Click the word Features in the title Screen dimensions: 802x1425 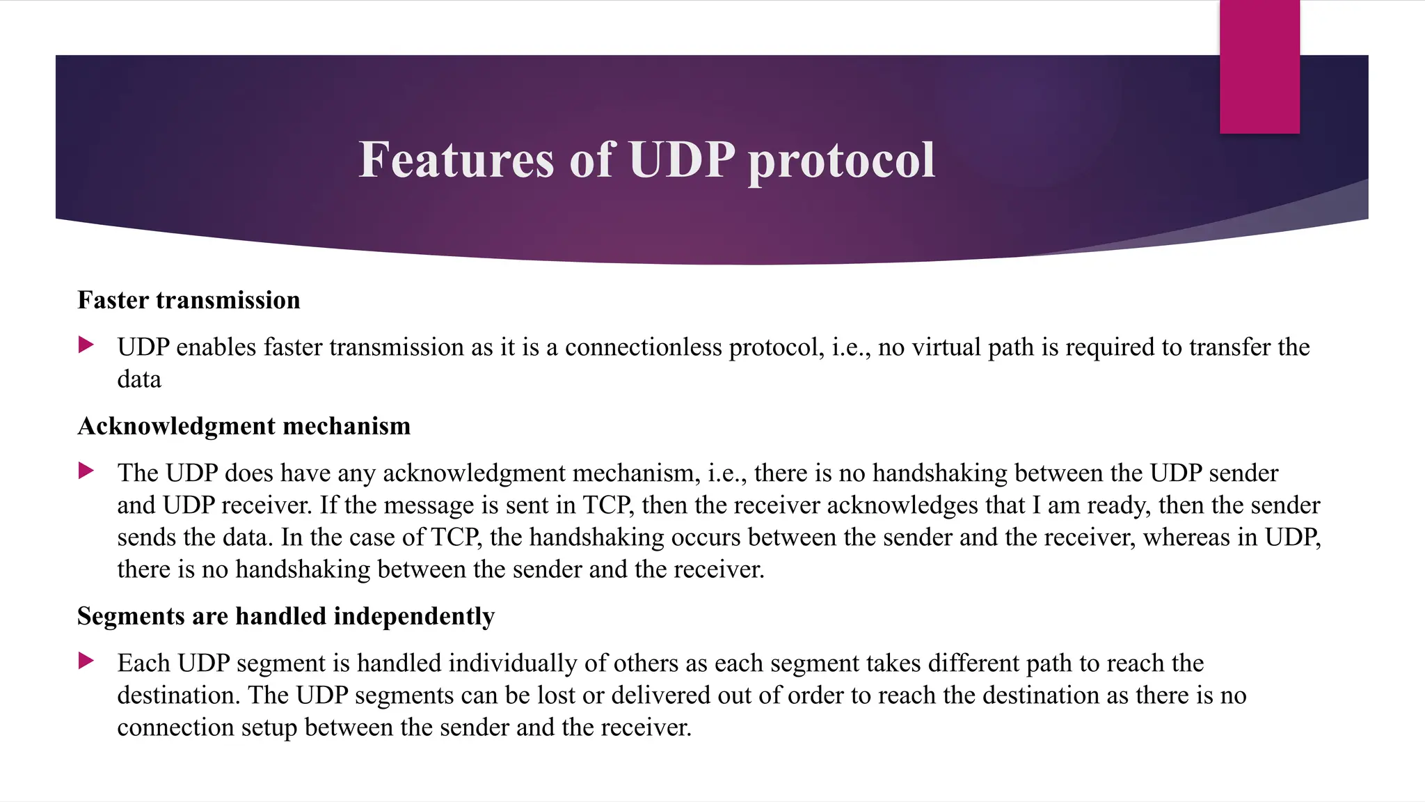[x=456, y=160]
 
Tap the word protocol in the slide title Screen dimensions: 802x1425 [x=841, y=162]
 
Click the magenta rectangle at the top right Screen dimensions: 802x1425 [x=1259, y=66]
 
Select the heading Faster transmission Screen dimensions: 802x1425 [x=189, y=300]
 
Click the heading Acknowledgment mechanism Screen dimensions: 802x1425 [x=244, y=426]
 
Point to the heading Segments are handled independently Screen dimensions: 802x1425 [x=285, y=616]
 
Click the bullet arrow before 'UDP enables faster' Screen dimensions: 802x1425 [x=86, y=345]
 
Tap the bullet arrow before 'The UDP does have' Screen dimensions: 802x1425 [x=86, y=471]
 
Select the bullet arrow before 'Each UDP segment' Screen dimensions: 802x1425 [x=86, y=661]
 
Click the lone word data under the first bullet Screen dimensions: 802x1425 [x=138, y=379]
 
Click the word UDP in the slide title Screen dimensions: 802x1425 [x=682, y=160]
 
